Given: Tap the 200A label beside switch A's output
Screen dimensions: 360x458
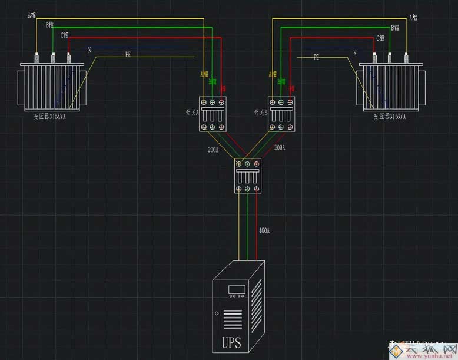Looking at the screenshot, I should point(213,149).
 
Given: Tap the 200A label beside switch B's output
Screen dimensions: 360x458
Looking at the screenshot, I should point(280,147).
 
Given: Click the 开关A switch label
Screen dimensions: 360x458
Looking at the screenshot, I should point(191,112).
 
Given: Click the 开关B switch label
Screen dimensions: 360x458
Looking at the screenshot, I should point(261,112).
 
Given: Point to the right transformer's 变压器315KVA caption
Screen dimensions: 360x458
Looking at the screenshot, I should point(390,117).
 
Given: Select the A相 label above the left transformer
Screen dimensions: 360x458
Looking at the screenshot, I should point(32,15).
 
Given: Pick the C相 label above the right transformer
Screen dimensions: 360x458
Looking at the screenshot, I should point(380,38).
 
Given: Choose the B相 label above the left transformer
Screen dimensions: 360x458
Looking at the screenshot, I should point(49,25).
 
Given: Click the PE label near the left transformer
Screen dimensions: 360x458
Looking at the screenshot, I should point(128,54).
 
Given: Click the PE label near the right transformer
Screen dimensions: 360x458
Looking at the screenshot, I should point(316,57).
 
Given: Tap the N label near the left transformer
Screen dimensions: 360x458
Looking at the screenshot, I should point(89,50).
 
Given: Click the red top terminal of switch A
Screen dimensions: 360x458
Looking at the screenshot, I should point(222,102).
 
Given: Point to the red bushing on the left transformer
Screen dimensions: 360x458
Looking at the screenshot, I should point(68,58).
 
